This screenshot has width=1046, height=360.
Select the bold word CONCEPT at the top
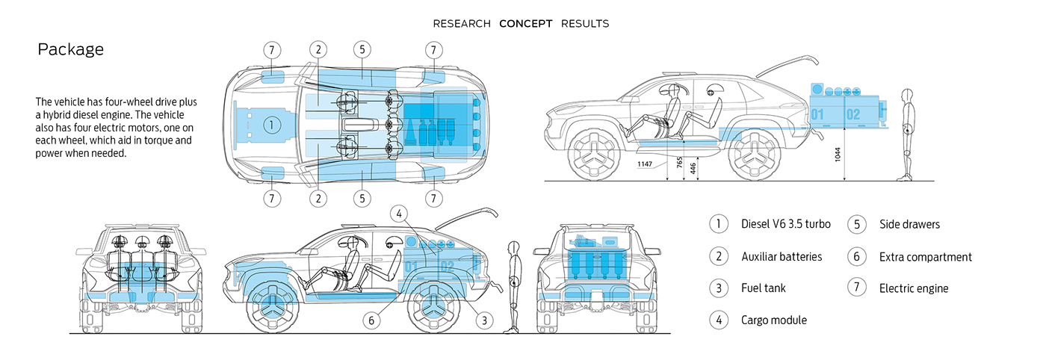coord(526,24)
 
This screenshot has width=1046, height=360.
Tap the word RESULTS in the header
coord(585,24)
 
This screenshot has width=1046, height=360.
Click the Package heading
coord(70,50)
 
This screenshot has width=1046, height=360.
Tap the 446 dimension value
coord(694,169)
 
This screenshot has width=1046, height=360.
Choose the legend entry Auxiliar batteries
coord(782,256)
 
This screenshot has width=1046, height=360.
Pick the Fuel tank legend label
coord(764,288)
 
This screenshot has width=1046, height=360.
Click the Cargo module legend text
coord(774,320)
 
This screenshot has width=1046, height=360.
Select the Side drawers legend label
coord(909,224)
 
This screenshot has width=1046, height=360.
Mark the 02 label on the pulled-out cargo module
coord(853,115)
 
